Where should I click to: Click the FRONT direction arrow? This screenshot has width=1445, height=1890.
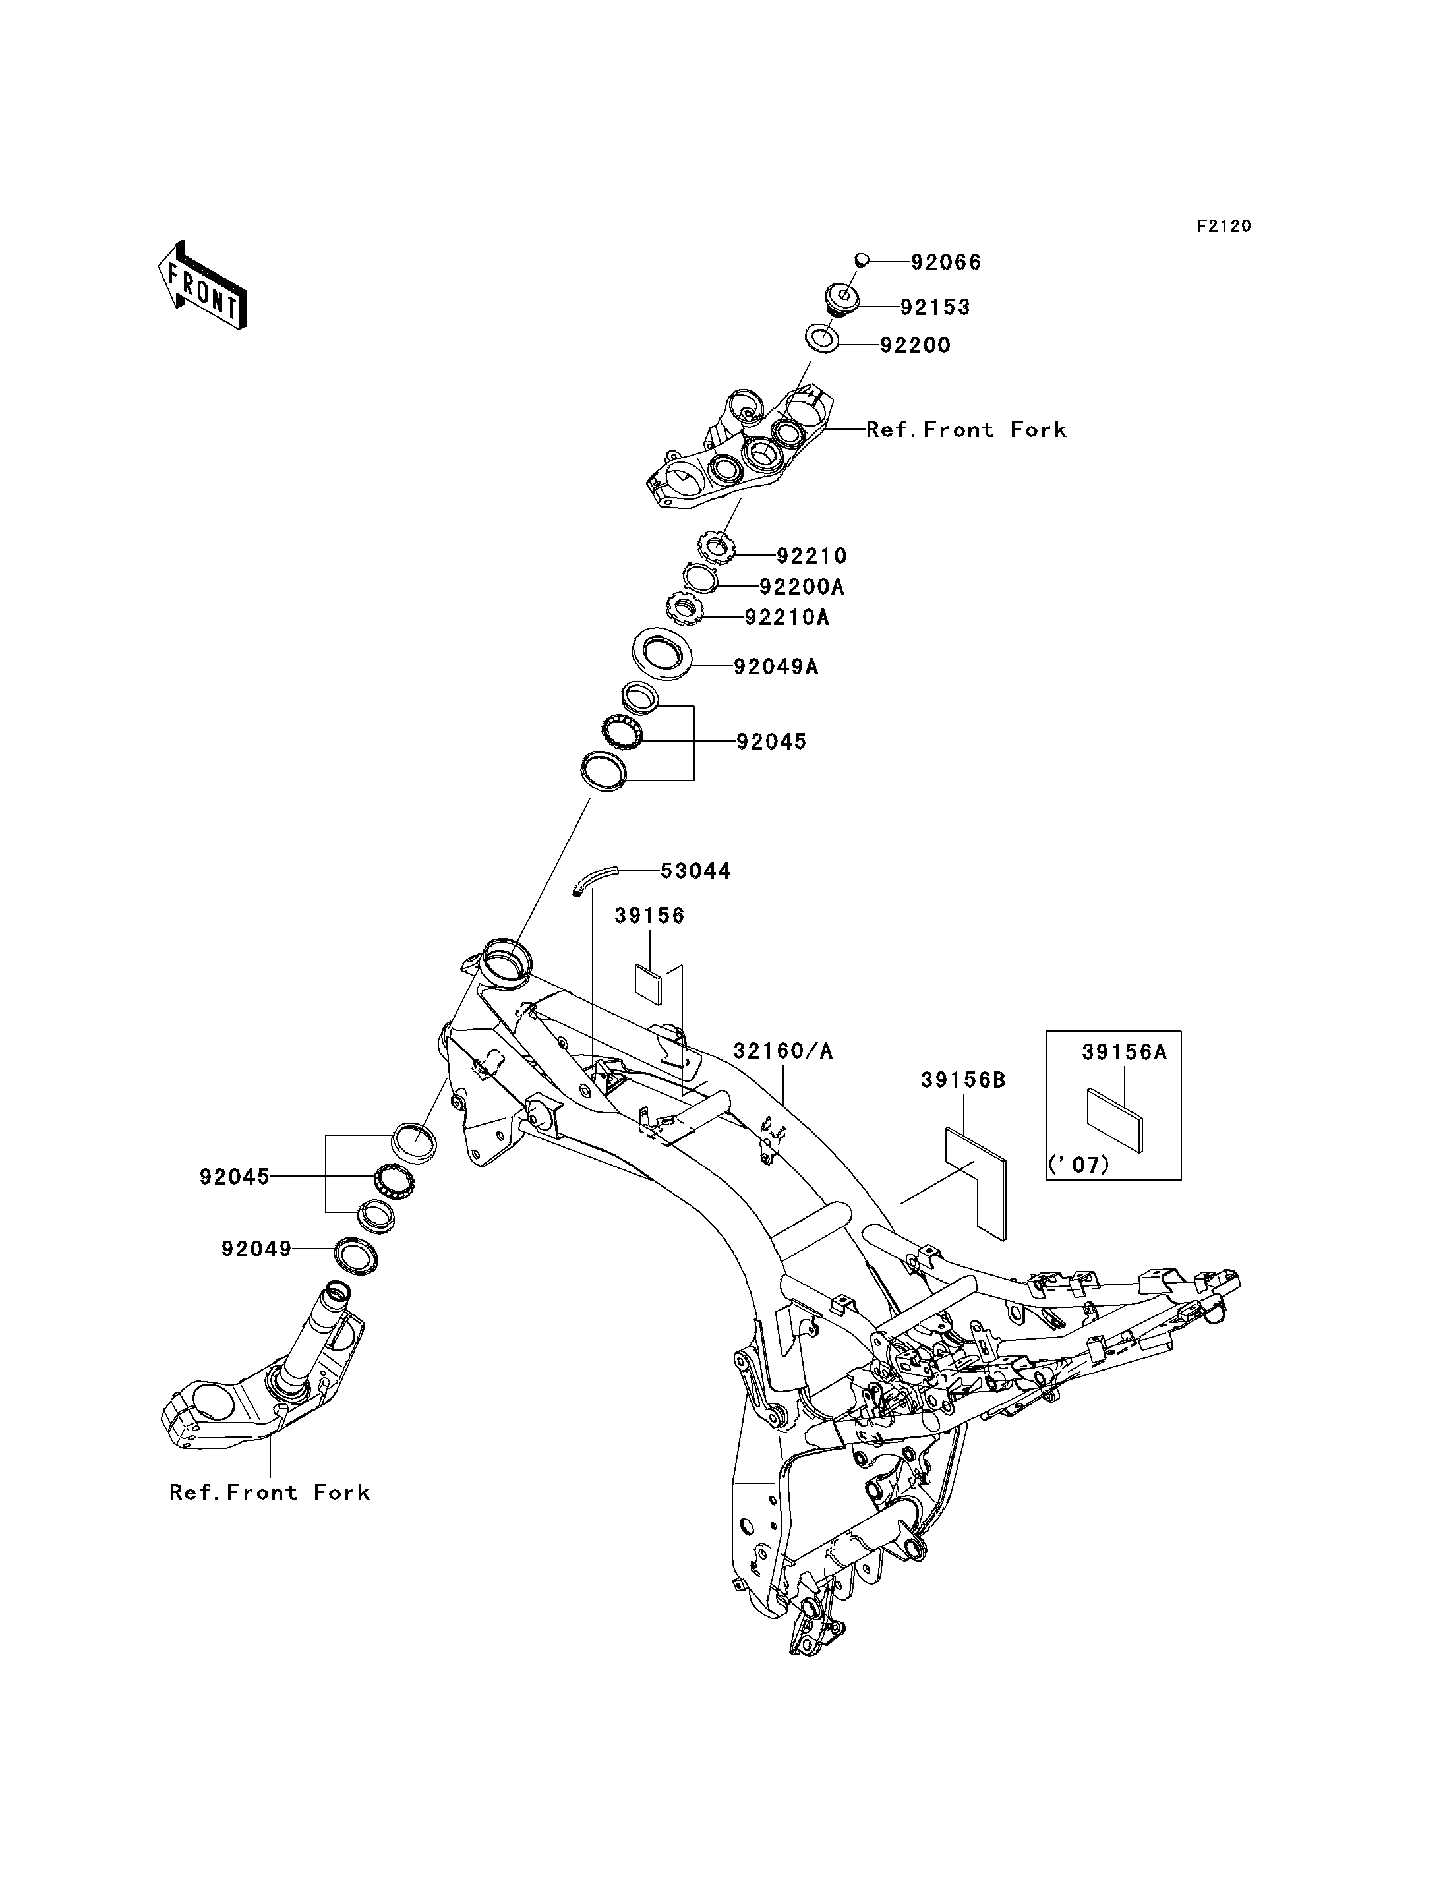[x=202, y=285]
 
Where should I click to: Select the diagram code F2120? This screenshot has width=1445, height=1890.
[x=1224, y=226]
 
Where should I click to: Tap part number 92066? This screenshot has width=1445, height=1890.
[x=946, y=262]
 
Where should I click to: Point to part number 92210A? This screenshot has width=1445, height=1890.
[x=787, y=617]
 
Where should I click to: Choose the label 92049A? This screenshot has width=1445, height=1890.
[x=776, y=666]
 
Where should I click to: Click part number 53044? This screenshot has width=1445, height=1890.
[x=696, y=871]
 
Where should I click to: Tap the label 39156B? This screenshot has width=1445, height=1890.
[x=963, y=1080]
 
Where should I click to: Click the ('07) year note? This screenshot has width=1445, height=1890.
[x=1078, y=1165]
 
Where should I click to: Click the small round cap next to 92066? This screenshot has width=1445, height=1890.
[x=861, y=260]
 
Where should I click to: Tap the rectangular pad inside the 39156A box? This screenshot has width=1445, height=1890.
[x=1115, y=1120]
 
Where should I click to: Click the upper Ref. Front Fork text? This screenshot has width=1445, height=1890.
[x=966, y=429]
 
